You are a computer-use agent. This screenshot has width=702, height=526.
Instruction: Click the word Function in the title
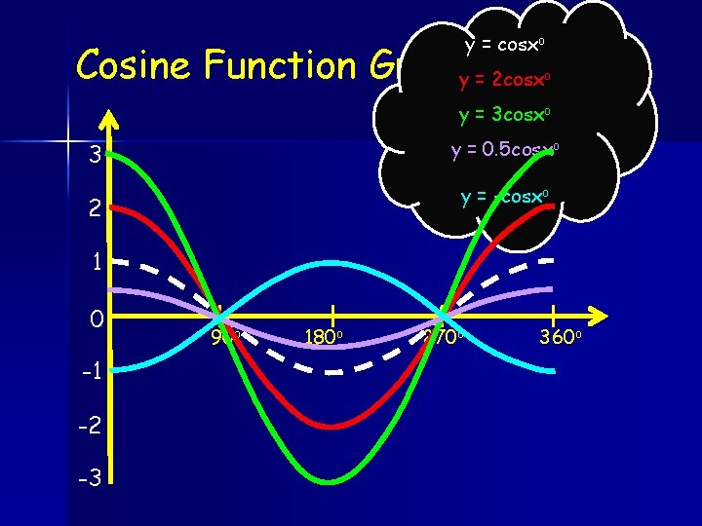click(x=282, y=65)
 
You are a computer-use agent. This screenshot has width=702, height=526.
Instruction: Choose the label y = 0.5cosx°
click(x=504, y=151)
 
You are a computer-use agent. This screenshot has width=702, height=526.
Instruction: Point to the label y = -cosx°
click(x=506, y=196)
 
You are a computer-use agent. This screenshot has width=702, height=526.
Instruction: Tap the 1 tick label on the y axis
click(x=96, y=261)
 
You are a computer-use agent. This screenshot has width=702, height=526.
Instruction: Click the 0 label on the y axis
click(x=95, y=318)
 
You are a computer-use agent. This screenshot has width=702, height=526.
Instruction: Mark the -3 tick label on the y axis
click(x=91, y=480)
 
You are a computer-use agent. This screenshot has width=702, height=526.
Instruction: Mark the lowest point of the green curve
click(x=331, y=481)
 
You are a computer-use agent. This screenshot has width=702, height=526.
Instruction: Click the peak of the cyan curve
click(x=331, y=262)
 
